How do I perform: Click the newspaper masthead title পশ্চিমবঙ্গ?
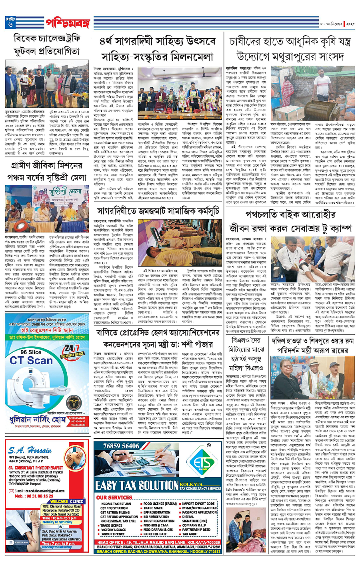(68, 23)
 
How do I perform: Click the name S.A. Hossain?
(30, 450)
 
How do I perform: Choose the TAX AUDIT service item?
(190, 534)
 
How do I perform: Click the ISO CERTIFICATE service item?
(155, 534)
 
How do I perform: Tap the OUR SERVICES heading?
(114, 498)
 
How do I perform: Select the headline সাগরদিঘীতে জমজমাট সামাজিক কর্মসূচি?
(158, 211)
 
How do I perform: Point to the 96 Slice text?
(31, 352)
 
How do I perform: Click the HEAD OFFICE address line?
(158, 542)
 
